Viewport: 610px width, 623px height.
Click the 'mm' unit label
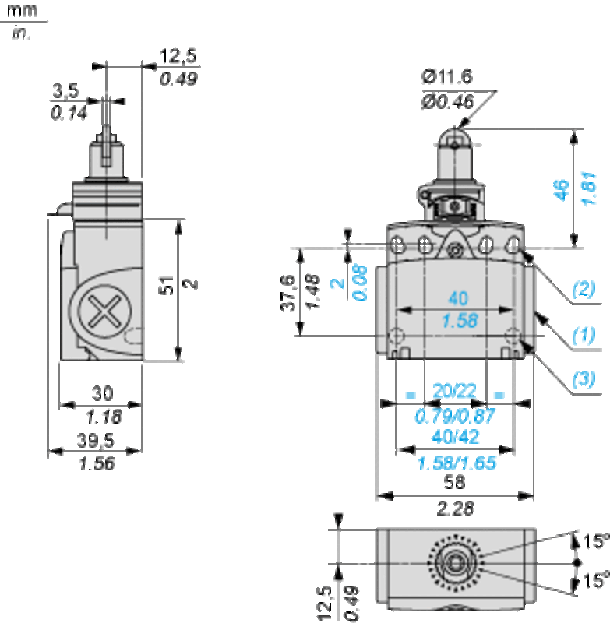click(x=23, y=11)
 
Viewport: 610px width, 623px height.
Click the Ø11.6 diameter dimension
click(x=447, y=76)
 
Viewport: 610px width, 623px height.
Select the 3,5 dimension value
click(x=65, y=90)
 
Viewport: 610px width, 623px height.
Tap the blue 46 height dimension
click(x=561, y=190)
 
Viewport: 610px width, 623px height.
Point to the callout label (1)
click(x=584, y=334)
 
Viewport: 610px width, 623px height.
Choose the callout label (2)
click(x=584, y=288)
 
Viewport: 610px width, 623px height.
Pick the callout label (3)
click(x=584, y=378)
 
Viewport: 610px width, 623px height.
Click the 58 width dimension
click(x=454, y=482)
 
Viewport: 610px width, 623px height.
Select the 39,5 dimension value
click(x=95, y=440)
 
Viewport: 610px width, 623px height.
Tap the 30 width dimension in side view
click(x=103, y=393)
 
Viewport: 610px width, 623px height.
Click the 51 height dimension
click(x=167, y=285)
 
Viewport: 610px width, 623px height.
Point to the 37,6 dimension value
click(x=288, y=293)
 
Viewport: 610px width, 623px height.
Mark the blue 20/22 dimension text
click(x=454, y=391)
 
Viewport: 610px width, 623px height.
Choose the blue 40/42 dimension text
click(x=456, y=437)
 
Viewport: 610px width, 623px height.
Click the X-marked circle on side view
click(x=104, y=311)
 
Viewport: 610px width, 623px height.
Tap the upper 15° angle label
click(x=596, y=540)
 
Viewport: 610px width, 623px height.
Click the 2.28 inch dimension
click(x=456, y=509)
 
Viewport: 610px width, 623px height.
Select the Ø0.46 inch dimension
click(x=447, y=102)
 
